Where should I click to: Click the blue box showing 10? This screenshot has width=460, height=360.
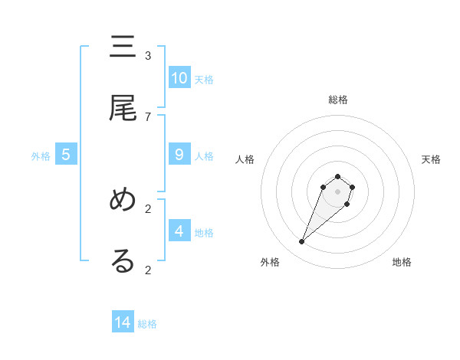coord(179,78)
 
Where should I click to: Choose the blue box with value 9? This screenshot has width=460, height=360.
coord(179,155)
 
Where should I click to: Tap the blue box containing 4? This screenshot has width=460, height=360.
coord(179,231)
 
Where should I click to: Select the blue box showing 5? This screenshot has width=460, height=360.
coord(66,155)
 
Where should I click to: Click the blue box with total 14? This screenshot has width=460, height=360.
coord(123,322)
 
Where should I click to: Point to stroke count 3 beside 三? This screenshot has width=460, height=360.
coord(148,56)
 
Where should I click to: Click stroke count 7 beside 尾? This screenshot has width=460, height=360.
coord(148,116)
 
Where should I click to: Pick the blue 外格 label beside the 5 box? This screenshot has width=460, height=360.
coord(41,155)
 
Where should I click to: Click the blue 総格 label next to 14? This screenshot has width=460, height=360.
coord(147,324)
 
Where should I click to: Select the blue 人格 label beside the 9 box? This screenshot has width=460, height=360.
coord(204,155)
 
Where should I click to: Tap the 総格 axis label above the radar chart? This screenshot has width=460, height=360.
coord(337,100)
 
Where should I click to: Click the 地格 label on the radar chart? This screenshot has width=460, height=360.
coord(402,263)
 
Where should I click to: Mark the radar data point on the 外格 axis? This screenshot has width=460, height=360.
coord(302,242)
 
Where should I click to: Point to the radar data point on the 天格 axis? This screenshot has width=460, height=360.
coord(352,187)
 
